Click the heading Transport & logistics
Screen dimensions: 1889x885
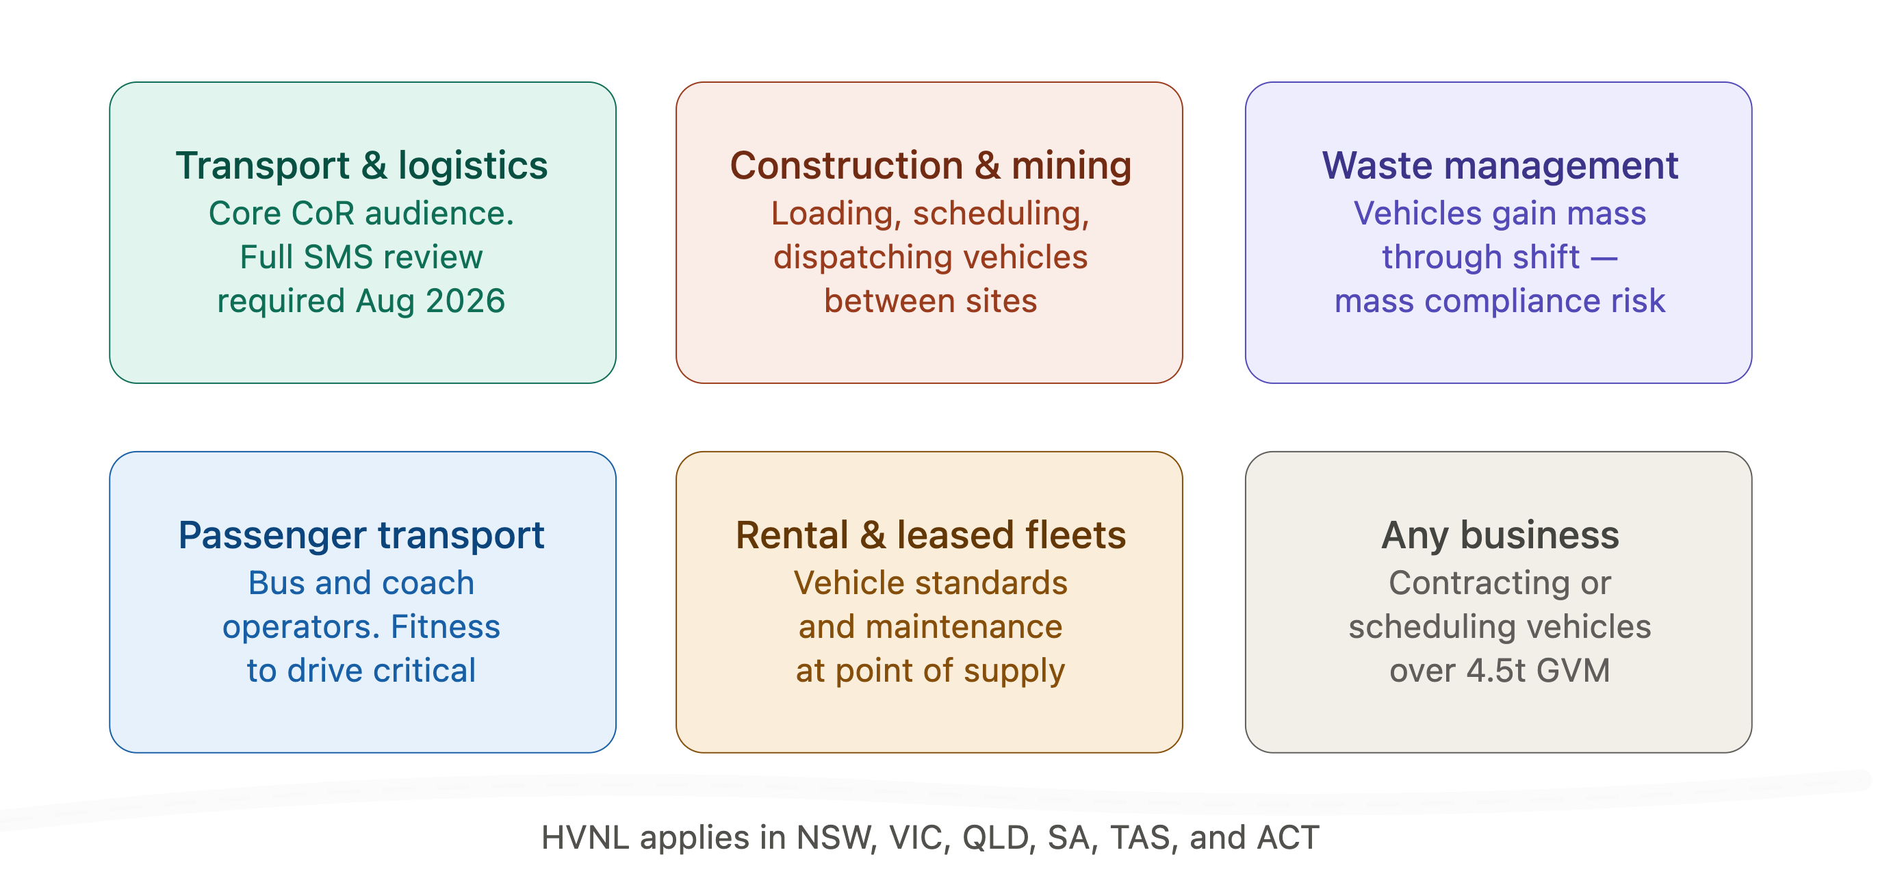click(x=361, y=166)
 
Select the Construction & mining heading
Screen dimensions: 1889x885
click(x=931, y=166)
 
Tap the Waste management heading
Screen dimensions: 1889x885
click(x=1500, y=166)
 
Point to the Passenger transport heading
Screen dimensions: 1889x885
click(x=361, y=535)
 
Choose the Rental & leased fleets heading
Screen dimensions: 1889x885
click(x=931, y=535)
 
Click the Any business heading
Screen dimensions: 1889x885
click(x=1500, y=535)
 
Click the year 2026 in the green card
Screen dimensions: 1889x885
click(x=465, y=301)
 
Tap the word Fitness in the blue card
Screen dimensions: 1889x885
click(x=445, y=627)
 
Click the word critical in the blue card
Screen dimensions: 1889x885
click(x=424, y=671)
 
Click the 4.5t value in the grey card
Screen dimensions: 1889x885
click(x=1495, y=671)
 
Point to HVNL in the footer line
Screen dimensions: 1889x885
click(x=585, y=837)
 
